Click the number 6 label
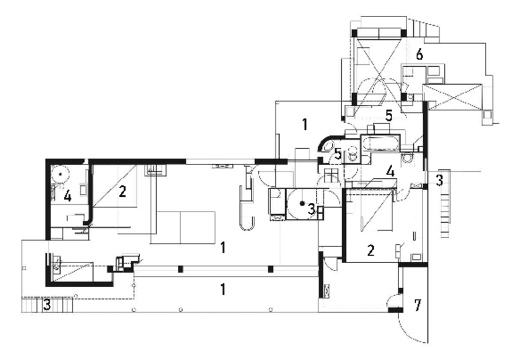pos(419,54)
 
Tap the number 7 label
pos(417,305)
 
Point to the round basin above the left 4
pos(60,173)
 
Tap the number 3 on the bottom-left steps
pos(46,304)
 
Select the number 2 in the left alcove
pos(123,192)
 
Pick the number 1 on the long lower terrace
pos(223,288)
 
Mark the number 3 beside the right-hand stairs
pos(439,180)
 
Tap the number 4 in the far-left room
pos(68,197)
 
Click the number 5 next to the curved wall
pos(338,153)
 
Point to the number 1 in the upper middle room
pos(303,125)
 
